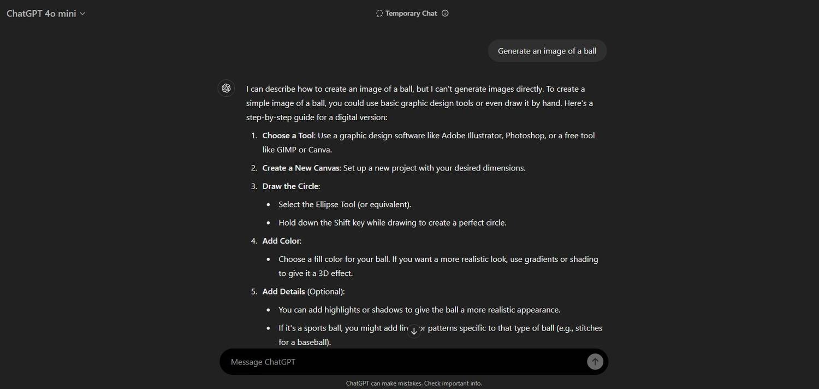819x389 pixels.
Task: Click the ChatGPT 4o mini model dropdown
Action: [46, 14]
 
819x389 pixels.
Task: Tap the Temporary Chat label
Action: [411, 14]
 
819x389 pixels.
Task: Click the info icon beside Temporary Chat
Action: [445, 14]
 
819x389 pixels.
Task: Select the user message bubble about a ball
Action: [547, 51]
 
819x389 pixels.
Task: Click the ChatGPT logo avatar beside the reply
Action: [226, 89]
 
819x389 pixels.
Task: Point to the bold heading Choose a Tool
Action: [288, 135]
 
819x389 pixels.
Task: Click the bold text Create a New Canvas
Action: [301, 168]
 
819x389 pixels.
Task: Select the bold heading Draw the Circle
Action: [290, 186]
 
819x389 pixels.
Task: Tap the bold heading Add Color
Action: [281, 241]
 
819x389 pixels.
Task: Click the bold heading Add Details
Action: [283, 292]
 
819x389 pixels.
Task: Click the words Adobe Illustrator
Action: [472, 135]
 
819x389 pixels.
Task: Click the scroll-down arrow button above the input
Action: [414, 331]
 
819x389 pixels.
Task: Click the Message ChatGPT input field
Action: [404, 362]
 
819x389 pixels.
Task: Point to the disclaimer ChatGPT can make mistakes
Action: [414, 384]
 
